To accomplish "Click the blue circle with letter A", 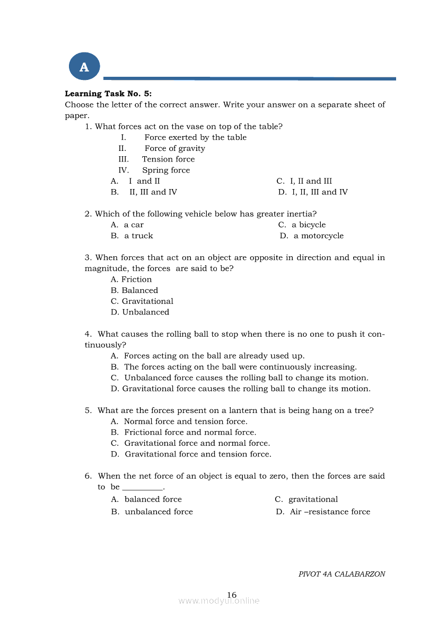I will click(x=84, y=67).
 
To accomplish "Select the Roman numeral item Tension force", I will click(x=168, y=159).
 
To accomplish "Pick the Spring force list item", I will click(x=165, y=171).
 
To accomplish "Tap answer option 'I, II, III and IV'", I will click(x=320, y=192).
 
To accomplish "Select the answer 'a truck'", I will click(x=138, y=236).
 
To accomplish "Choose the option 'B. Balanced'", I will click(x=135, y=291).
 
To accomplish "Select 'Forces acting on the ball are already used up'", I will click(x=214, y=356).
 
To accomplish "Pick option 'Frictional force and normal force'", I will click(x=190, y=433).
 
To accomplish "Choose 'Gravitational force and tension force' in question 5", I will click(x=198, y=454).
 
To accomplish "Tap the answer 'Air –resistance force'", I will click(x=330, y=512).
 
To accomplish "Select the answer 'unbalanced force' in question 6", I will click(x=159, y=512).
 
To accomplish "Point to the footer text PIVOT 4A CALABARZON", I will click(x=341, y=574).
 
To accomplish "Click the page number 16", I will click(x=232, y=595).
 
